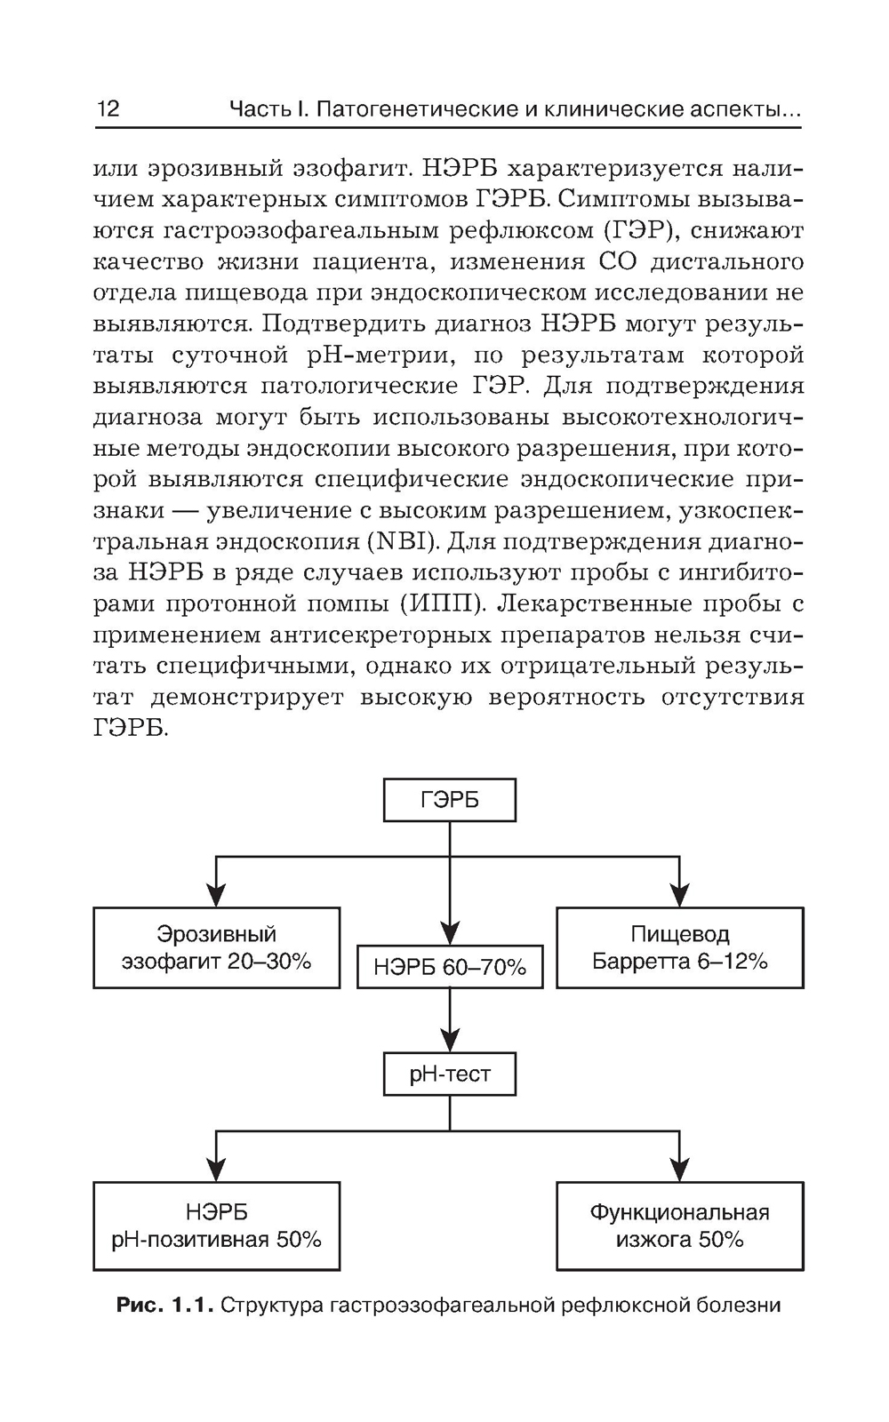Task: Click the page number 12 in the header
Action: click(108, 109)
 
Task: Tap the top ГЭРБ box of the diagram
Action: click(449, 800)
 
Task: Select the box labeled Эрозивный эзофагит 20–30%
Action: click(216, 947)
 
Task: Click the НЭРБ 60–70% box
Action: click(449, 967)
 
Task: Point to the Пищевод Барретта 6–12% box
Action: click(680, 947)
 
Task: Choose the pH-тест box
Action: click(449, 1074)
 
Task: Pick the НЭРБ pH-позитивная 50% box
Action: click(216, 1226)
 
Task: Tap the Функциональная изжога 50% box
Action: click(680, 1226)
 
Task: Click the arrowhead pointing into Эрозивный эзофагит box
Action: click(216, 895)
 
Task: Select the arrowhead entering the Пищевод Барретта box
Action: click(680, 895)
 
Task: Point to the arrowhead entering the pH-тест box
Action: click(450, 1041)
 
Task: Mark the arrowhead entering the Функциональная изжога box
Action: click(680, 1169)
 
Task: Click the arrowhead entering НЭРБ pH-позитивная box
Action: click(216, 1169)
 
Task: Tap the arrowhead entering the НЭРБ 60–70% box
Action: click(450, 932)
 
